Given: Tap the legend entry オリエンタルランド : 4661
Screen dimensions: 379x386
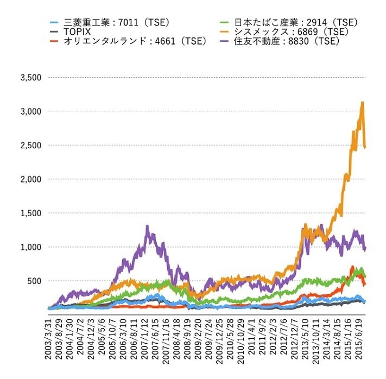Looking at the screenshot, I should click(136, 42).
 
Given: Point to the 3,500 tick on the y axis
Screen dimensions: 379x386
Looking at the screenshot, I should click(30, 77).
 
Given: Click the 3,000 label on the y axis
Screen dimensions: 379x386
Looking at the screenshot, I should click(30, 111).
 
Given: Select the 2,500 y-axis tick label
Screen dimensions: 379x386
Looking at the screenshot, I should click(30, 145).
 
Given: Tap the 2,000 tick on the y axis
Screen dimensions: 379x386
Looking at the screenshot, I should click(30, 179).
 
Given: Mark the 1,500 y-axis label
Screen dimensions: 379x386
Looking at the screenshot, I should click(30, 213).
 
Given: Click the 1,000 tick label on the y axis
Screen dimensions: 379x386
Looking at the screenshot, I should click(30, 247).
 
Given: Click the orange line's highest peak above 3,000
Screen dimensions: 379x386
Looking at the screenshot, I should click(362, 102).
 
